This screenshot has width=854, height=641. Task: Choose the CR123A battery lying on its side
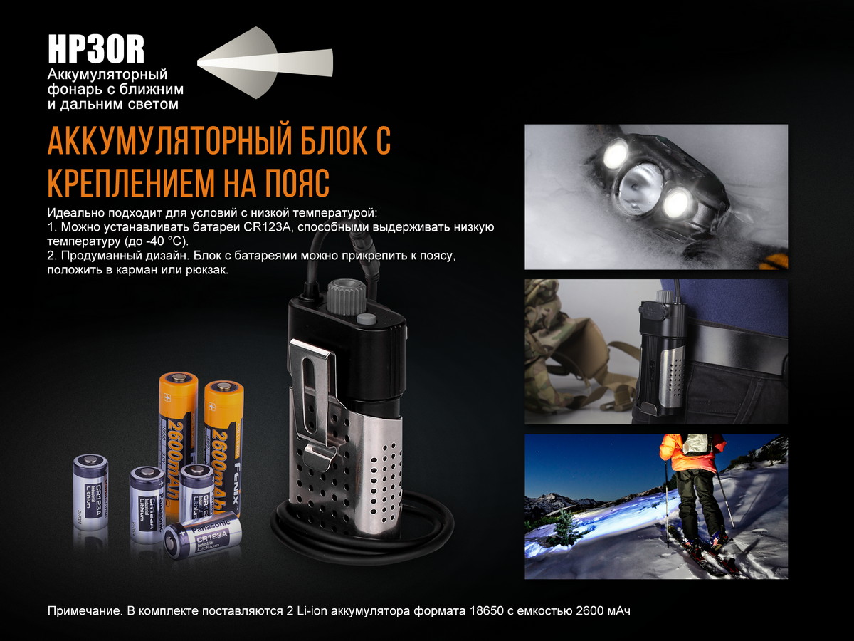click(204, 538)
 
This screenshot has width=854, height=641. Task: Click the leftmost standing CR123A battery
click(90, 491)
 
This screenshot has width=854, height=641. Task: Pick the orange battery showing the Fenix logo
click(224, 445)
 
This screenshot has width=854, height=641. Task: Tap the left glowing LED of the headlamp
click(614, 153)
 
